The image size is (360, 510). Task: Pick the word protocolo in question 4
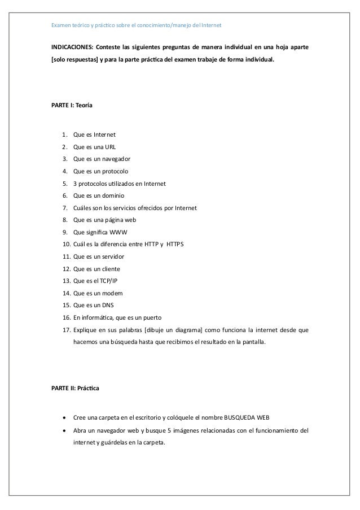click(x=114, y=171)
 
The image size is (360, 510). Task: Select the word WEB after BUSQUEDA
click(x=260, y=419)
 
